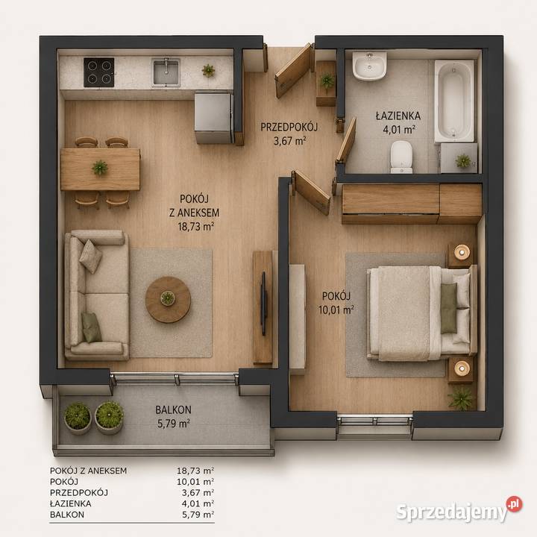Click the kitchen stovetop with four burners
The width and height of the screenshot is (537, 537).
click(x=99, y=72)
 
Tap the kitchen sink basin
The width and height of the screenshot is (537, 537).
click(x=166, y=72)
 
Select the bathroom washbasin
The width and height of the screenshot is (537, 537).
click(x=369, y=66)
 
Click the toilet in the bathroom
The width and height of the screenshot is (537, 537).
click(x=401, y=157)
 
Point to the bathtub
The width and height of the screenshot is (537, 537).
click(x=454, y=101)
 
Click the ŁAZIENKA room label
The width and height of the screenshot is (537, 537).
click(x=398, y=116)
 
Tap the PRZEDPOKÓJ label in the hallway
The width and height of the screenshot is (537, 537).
click(x=289, y=127)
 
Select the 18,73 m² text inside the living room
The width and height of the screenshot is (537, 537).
click(x=196, y=227)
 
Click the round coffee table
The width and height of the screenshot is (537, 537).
click(x=168, y=300)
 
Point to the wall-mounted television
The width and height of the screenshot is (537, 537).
click(x=263, y=304)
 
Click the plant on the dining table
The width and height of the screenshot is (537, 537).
click(x=100, y=168)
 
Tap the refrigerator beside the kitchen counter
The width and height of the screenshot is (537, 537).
click(x=214, y=118)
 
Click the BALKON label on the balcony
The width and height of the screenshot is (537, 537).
click(x=173, y=409)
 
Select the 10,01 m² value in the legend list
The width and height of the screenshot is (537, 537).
click(x=195, y=482)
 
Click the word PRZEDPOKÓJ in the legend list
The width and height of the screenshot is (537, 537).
click(x=79, y=492)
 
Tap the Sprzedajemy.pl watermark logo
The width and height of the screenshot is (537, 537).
click(x=459, y=510)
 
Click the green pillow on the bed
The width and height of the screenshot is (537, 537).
click(x=448, y=308)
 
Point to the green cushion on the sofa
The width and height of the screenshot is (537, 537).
click(x=92, y=327)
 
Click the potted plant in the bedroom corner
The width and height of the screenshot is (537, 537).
click(x=462, y=398)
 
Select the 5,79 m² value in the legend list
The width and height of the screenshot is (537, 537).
click(x=198, y=515)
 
